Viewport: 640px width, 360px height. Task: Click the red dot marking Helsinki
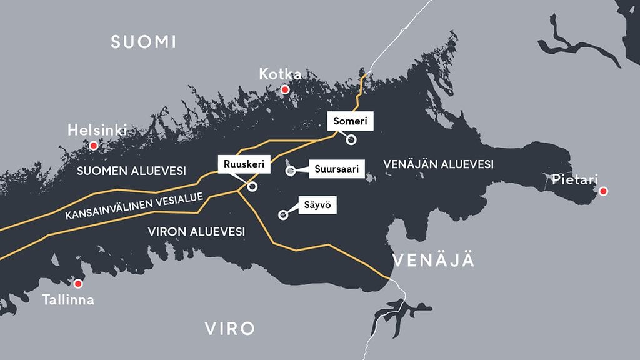coord(94,146)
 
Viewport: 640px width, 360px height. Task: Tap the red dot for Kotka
coord(285,90)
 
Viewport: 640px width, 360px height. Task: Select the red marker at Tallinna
coord(78,284)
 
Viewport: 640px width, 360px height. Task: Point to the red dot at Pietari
coord(603,191)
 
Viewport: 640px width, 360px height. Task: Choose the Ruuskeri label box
coord(241,165)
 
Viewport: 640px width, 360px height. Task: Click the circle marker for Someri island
coord(351,140)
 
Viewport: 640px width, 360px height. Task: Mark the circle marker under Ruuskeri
coord(252,186)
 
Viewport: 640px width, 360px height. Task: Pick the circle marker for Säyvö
coord(282,216)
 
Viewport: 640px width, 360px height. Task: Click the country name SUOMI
coord(144,42)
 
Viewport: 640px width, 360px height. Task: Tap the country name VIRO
coord(230,328)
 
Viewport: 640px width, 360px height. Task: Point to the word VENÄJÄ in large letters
coord(432,260)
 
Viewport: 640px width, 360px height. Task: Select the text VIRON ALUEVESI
coord(196,231)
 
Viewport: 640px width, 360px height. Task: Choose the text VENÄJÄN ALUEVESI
coord(438,164)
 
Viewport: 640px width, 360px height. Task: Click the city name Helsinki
coord(97,131)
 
